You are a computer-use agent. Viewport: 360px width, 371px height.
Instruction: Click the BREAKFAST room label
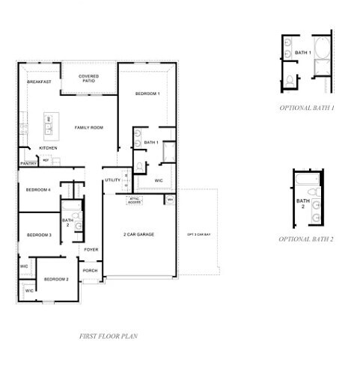tap(39, 82)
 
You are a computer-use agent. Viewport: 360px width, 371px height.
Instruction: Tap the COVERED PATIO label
tap(89, 79)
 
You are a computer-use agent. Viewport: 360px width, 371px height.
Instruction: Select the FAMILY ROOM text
tap(89, 128)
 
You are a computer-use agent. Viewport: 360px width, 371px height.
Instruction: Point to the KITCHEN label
tap(49, 147)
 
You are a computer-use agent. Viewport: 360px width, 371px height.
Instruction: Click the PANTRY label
tap(28, 163)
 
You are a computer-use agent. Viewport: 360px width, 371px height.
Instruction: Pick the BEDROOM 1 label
tap(147, 93)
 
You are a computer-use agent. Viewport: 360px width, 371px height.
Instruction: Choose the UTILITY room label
tap(112, 180)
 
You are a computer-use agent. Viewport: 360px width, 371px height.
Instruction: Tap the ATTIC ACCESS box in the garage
tap(156, 200)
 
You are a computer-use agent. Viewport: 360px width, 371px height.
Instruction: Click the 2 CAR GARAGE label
tap(139, 235)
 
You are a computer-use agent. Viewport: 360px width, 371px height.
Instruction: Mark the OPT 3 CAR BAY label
tap(200, 235)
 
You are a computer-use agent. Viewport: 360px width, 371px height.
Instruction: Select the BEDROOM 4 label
tap(39, 190)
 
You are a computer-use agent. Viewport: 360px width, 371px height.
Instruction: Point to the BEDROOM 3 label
tap(39, 236)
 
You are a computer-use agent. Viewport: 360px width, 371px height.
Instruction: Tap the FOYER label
tap(91, 249)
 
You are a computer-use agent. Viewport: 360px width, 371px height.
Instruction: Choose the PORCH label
tap(90, 271)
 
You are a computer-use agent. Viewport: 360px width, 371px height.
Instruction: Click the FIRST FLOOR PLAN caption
tap(108, 336)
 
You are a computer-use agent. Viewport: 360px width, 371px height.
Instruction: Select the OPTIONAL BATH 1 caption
tap(307, 108)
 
